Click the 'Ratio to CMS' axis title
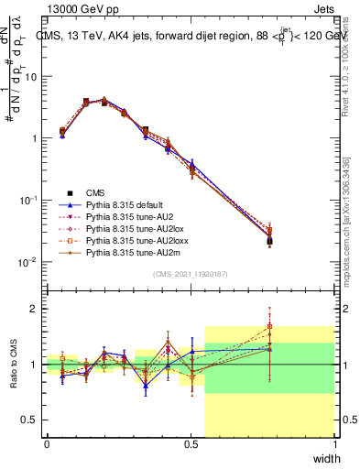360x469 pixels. (13, 365)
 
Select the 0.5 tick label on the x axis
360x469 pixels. (191, 446)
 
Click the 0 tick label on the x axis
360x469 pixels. (47, 446)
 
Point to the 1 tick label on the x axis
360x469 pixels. (334, 446)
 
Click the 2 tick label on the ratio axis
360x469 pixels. (35, 309)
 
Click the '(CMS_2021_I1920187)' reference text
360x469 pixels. (191, 274)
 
